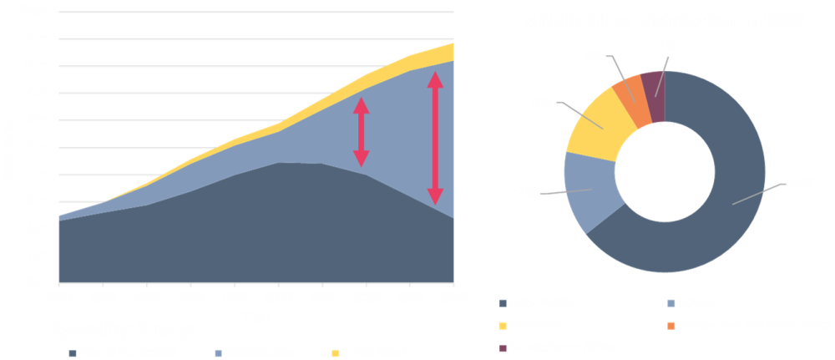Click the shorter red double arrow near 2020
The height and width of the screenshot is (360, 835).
click(361, 132)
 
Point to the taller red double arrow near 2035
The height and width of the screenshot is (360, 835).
click(435, 139)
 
